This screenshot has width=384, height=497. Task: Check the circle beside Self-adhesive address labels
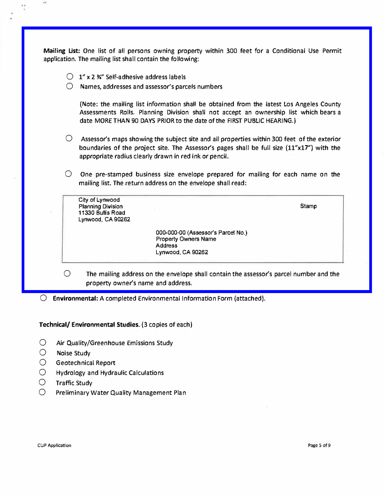(x=70, y=77)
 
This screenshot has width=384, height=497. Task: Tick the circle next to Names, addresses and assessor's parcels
(x=70, y=86)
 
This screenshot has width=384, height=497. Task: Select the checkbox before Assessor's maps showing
(x=69, y=138)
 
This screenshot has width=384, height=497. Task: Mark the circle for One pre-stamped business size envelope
(x=68, y=174)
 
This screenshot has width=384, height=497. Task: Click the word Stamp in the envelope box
(x=308, y=206)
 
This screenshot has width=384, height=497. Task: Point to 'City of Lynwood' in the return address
(x=99, y=200)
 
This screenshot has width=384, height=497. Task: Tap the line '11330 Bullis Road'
(x=102, y=213)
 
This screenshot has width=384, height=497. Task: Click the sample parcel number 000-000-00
(x=171, y=233)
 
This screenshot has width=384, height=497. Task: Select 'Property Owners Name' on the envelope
(x=186, y=239)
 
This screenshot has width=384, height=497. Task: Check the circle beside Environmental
(x=44, y=298)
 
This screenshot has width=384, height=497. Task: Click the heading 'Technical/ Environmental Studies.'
(x=89, y=325)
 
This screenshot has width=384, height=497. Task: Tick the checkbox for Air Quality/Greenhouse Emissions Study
(x=43, y=342)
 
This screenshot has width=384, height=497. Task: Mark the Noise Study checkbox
(x=43, y=353)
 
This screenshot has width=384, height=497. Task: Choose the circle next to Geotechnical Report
(x=43, y=363)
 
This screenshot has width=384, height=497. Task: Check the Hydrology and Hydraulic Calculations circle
(x=43, y=372)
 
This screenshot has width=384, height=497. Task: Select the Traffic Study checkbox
(x=42, y=382)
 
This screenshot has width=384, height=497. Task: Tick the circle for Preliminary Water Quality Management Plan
(x=42, y=392)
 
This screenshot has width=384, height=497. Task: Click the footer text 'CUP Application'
(x=54, y=445)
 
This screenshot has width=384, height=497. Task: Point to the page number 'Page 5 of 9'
(x=319, y=445)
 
